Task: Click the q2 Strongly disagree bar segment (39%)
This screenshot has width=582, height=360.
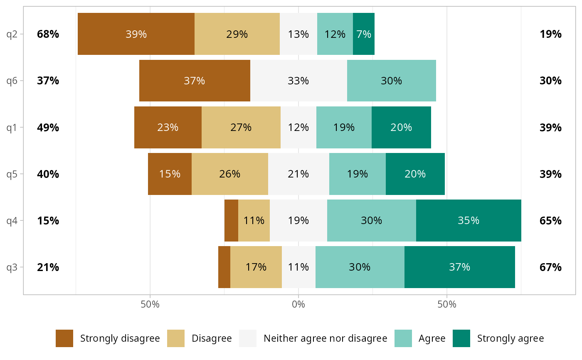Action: coord(136,34)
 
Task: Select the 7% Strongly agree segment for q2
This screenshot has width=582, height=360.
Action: coord(364,34)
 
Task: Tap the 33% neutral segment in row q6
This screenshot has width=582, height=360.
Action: coord(298,81)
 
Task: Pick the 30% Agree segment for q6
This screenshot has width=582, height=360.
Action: coord(392,81)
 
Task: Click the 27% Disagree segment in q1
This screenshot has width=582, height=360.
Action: coord(241,127)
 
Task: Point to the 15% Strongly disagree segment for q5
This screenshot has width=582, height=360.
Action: coord(170,174)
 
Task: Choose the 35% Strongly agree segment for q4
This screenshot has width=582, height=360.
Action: coord(469,220)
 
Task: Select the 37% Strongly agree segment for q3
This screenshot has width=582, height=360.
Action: coord(459,267)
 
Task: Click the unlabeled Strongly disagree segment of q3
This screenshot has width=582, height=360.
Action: coord(224,267)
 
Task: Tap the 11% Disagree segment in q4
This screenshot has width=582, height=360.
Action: coord(254,220)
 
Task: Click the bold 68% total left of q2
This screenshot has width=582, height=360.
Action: coord(48,34)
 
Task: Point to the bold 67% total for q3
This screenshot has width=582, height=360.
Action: coord(550,267)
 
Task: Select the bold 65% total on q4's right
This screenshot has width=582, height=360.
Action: coord(550,220)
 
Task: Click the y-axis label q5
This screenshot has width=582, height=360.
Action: coord(12,174)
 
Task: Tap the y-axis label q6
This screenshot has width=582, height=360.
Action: coord(12,81)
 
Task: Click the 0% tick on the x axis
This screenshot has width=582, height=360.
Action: coord(298,304)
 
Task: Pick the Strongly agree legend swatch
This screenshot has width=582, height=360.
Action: coord(461,338)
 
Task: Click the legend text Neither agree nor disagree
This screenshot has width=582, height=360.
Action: coord(326,338)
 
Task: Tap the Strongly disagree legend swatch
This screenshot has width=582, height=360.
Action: coord(64,338)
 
